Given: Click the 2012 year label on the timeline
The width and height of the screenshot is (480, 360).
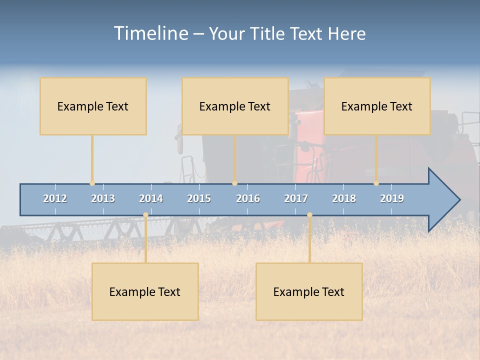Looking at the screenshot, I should click(55, 198).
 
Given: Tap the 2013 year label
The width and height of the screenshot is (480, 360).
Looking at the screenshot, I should click(103, 198).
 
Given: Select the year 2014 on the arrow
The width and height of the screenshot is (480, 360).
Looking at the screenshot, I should click(151, 198).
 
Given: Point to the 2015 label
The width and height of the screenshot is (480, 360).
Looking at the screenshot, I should click(199, 198).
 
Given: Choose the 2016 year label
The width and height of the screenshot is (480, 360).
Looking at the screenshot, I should click(248, 198).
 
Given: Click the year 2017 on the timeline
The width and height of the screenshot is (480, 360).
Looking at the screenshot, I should click(296, 198).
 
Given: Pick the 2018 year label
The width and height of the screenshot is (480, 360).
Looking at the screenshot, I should click(344, 198).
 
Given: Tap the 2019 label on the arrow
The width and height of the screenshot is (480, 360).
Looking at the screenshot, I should click(392, 198).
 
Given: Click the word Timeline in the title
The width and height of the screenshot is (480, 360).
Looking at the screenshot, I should click(150, 33).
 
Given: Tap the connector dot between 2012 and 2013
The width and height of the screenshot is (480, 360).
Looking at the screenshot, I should click(92, 183).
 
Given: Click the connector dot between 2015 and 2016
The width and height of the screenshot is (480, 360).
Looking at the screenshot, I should click(234, 183).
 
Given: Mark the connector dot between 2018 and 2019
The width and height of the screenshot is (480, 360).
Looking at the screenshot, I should click(376, 183).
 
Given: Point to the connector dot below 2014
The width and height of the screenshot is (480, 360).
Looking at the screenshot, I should click(145, 215).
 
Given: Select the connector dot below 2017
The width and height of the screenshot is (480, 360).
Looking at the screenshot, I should click(309, 215).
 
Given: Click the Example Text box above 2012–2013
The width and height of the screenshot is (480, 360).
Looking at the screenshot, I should click(93, 106).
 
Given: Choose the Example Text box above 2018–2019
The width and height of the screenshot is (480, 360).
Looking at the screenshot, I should click(377, 106).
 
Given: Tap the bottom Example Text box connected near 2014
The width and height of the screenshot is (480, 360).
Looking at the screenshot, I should click(145, 291).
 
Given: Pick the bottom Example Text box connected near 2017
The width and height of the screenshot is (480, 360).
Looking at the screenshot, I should click(309, 291).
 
